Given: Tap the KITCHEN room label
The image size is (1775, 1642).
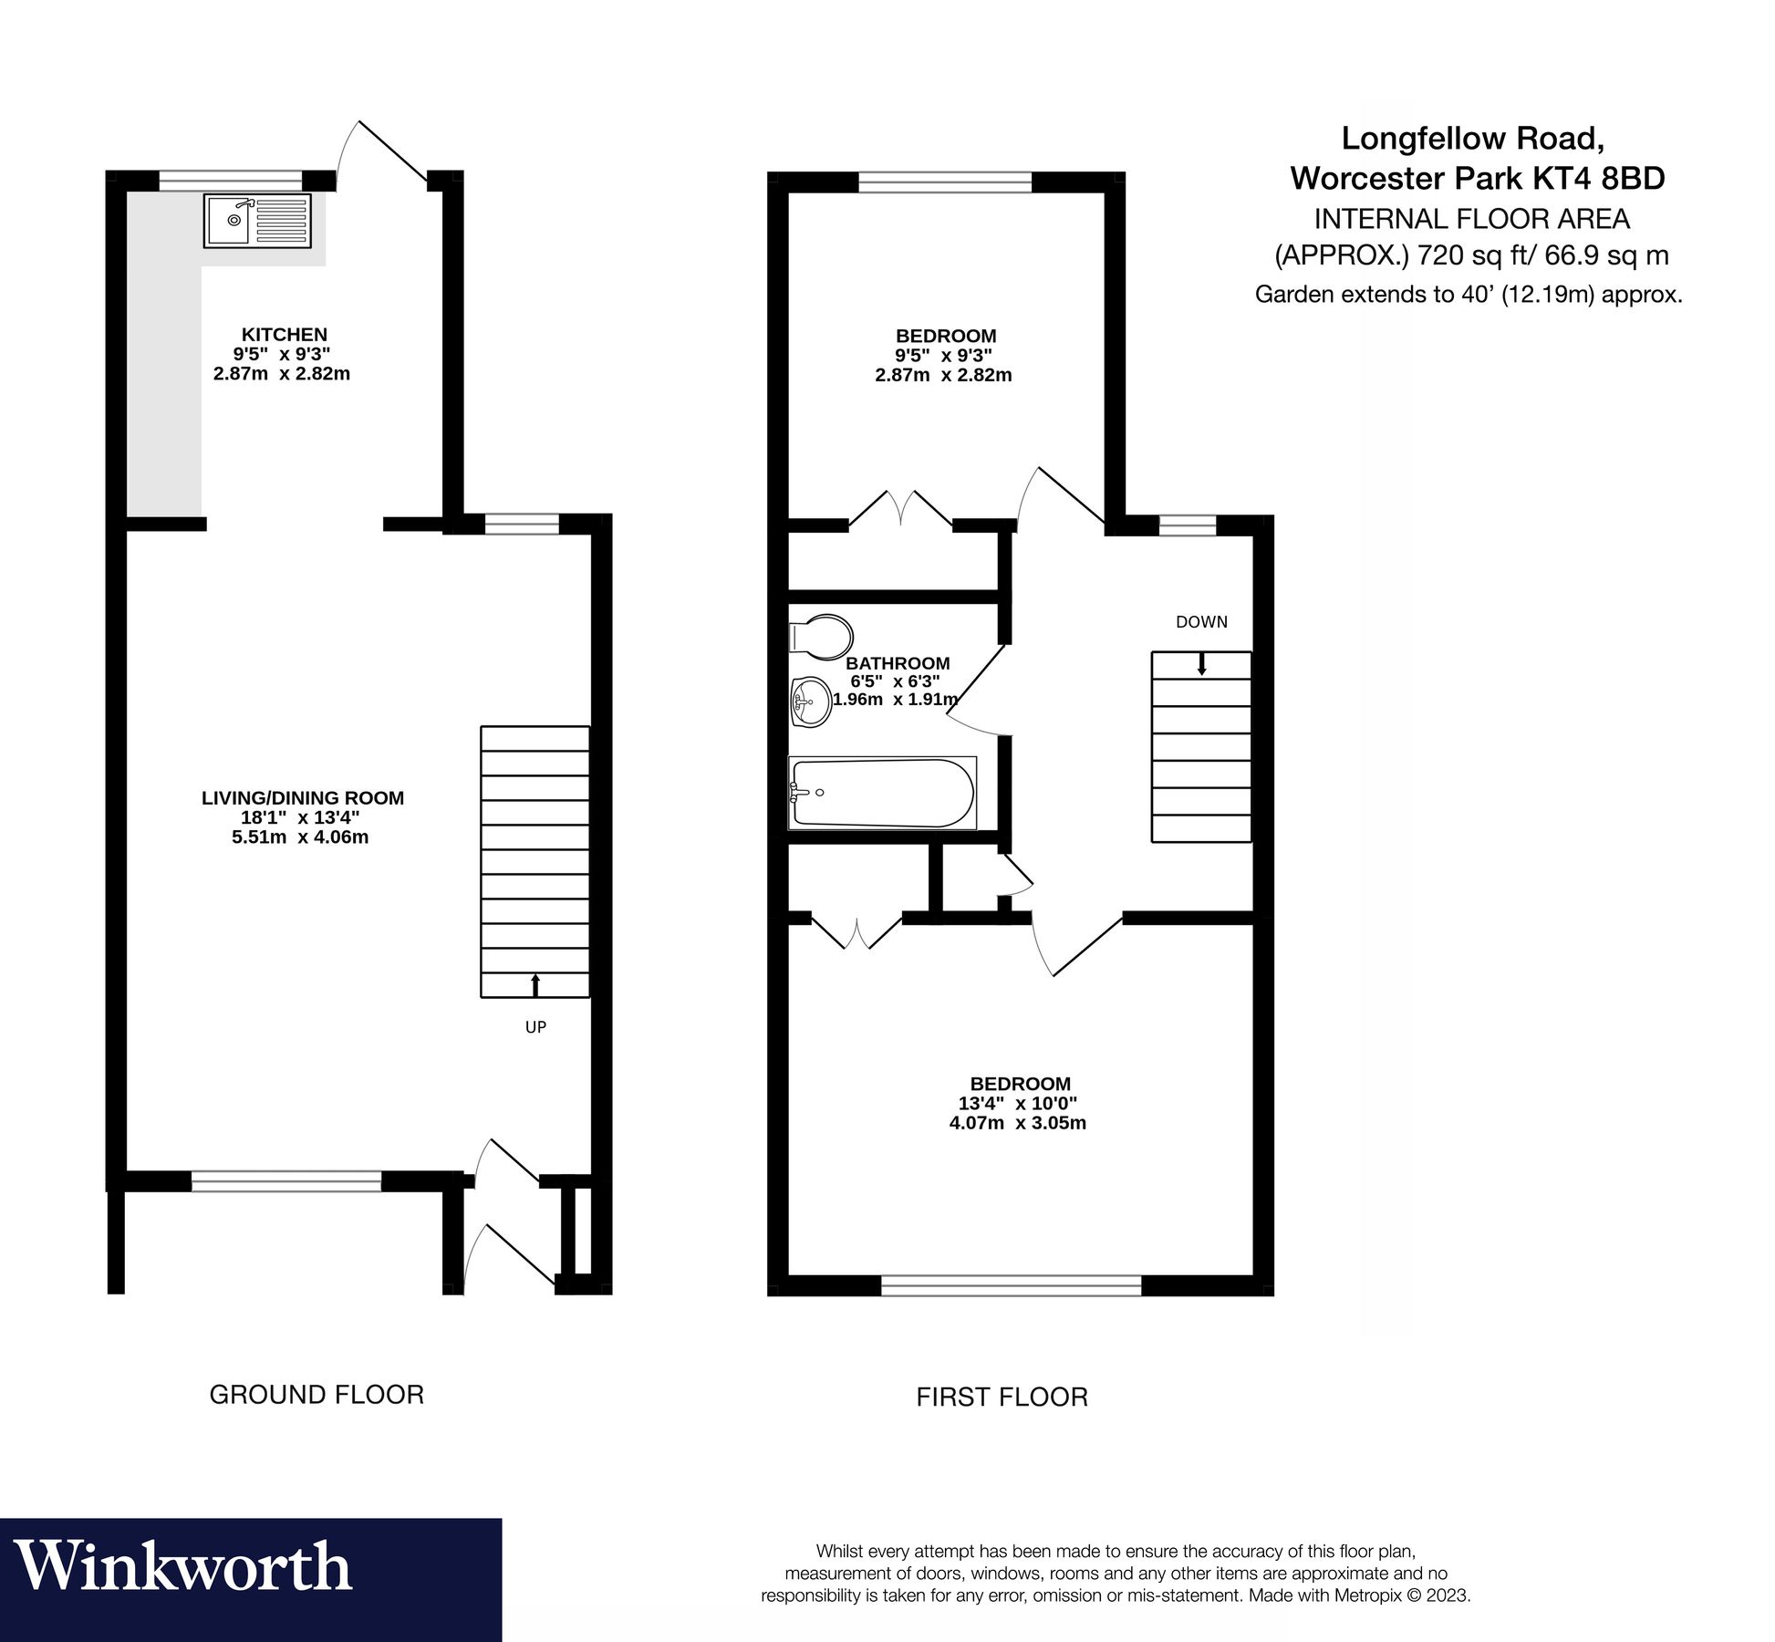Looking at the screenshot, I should point(284,335).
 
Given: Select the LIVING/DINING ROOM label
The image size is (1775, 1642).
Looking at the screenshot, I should point(302,798).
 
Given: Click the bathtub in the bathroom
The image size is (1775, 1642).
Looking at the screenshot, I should point(881,793).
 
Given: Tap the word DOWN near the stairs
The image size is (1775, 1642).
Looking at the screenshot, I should point(1201,622).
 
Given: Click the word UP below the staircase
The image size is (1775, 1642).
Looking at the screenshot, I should point(535,1027).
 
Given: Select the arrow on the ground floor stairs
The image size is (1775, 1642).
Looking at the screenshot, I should point(535,984).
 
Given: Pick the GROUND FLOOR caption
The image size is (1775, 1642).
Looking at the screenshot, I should point(317,1395).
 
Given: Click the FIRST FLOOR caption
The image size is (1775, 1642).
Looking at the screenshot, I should point(1002,1398).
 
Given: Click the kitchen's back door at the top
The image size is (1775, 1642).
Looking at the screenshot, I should point(383,155).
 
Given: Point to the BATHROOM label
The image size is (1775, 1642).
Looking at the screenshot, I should point(898,664).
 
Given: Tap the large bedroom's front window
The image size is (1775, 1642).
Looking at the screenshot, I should point(1011,1285).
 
